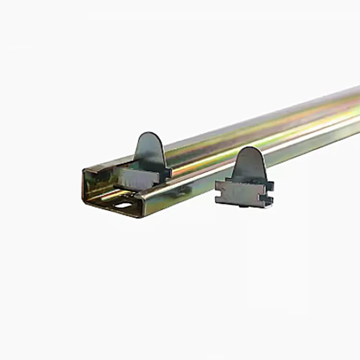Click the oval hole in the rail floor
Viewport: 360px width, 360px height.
pyautogui.click(x=124, y=205)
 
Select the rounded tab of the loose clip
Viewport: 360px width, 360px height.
pyautogui.click(x=249, y=164)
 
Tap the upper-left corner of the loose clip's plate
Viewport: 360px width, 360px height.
pyautogui.click(x=217, y=182)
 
